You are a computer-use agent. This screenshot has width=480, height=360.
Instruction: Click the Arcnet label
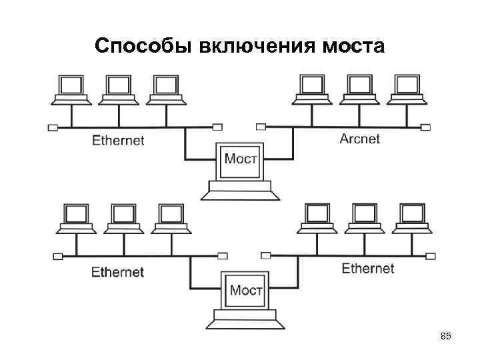pyautogui.click(x=359, y=139)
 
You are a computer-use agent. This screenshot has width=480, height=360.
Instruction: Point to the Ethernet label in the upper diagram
pyautogui.click(x=117, y=140)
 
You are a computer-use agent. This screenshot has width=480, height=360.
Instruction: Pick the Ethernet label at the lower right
pyautogui.click(x=367, y=269)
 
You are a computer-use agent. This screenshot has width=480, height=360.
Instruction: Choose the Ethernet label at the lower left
pyautogui.click(x=117, y=272)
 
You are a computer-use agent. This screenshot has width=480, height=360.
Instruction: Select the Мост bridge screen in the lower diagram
pyautogui.click(x=246, y=290)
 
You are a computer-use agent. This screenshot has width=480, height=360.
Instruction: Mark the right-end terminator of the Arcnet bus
pyautogui.click(x=425, y=126)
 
